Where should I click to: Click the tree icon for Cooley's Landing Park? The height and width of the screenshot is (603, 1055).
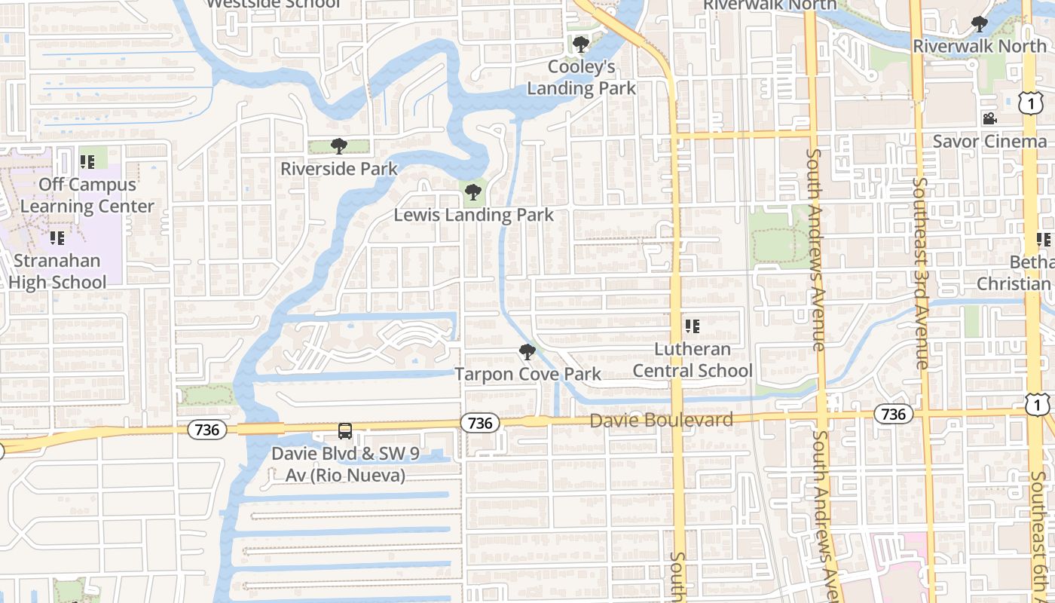point(580,44)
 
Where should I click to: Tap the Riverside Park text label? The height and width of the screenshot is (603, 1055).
point(338,168)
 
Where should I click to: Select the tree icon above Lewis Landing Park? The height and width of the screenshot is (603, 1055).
point(473,192)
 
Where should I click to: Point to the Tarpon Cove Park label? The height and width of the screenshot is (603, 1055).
point(527,374)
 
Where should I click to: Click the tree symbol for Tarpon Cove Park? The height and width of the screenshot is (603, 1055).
point(527,352)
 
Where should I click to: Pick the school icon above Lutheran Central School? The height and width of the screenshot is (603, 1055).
point(692,326)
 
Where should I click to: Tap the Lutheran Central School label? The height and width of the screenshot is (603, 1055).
point(692,360)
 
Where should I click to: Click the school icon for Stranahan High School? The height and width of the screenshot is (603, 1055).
point(57,238)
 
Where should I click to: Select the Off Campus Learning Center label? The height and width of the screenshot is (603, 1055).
point(87,195)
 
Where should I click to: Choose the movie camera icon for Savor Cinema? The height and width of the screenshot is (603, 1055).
point(989,119)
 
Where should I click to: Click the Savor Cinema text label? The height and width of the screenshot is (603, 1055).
point(989,141)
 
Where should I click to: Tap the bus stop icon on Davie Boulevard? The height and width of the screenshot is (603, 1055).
point(344,431)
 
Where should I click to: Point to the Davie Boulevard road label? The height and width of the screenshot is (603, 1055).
point(661,420)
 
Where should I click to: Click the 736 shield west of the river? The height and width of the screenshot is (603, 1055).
point(206,430)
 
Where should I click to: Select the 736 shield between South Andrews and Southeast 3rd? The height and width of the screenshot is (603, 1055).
point(893,414)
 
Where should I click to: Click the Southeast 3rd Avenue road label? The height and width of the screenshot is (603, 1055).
point(922,273)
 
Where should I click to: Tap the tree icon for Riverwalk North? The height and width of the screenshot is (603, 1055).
point(979,24)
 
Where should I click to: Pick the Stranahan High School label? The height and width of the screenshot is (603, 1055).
point(57,271)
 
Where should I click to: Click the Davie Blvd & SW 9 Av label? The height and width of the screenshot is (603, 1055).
point(345,464)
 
